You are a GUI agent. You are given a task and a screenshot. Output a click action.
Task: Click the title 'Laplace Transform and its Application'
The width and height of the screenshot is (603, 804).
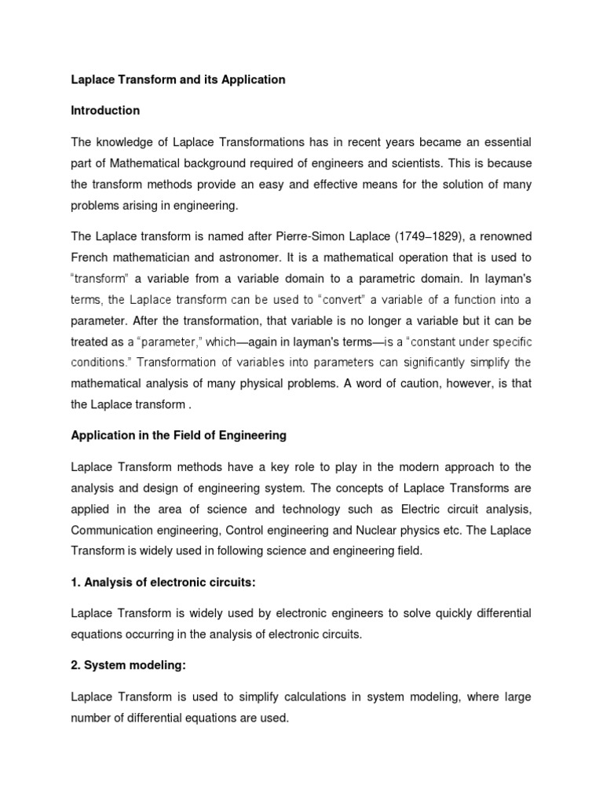point(178,80)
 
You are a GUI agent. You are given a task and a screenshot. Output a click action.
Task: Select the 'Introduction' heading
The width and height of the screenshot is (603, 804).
point(105,111)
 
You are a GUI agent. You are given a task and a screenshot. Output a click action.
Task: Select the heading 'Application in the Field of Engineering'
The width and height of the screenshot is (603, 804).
point(179,435)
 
